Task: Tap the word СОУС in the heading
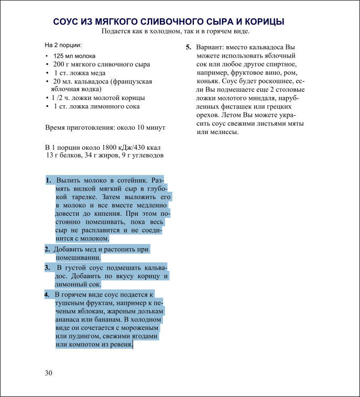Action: coord(67,21)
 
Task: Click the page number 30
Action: coord(49,372)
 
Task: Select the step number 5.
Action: coord(188,47)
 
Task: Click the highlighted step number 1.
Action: coord(48,180)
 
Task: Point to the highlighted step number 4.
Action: coord(47,294)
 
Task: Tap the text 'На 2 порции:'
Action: coord(63,45)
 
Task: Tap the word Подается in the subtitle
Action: coord(118,31)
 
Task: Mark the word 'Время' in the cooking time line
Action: coord(56,127)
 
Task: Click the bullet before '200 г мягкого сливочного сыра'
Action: coord(47,64)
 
